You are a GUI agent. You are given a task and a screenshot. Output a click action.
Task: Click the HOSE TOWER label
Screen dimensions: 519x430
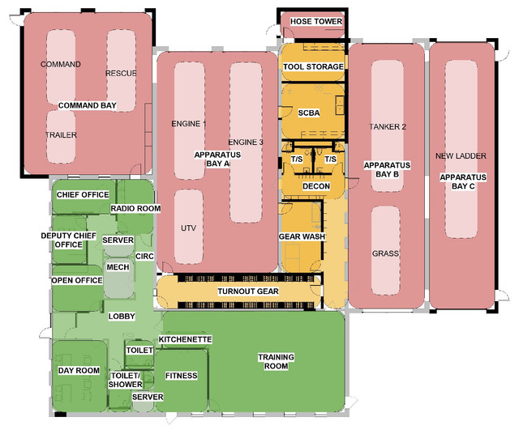click(x=316, y=22)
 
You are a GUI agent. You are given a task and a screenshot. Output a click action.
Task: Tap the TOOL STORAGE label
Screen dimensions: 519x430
click(x=313, y=66)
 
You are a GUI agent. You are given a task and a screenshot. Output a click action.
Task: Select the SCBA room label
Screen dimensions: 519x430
click(x=309, y=113)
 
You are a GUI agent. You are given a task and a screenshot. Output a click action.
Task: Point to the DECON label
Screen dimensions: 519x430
click(x=316, y=186)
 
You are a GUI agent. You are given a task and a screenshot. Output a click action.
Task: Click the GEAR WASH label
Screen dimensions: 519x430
click(x=302, y=236)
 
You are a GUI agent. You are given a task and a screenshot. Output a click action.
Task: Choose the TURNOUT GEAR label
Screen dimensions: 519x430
click(x=248, y=292)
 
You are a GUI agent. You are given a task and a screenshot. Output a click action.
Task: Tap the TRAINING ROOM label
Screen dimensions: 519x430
click(x=276, y=362)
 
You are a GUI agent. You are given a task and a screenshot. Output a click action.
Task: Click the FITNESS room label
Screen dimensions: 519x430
click(x=182, y=376)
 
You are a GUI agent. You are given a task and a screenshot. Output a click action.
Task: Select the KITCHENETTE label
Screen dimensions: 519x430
click(x=185, y=339)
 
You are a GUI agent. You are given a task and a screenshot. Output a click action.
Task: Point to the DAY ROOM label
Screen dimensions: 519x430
click(x=79, y=371)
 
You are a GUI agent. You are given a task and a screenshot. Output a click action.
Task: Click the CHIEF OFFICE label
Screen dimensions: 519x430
click(x=83, y=194)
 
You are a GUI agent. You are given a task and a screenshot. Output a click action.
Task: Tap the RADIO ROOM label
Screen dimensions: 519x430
click(x=135, y=209)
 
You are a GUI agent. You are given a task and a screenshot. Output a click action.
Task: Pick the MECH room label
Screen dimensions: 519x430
click(x=118, y=267)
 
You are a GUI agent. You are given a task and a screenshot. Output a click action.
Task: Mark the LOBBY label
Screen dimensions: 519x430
click(x=122, y=317)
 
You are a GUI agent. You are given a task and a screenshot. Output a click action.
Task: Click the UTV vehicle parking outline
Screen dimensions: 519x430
click(x=188, y=227)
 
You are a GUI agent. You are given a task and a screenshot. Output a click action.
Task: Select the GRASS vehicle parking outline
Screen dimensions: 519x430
click(x=385, y=250)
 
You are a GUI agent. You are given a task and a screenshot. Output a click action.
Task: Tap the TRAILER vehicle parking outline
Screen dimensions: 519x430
click(x=61, y=137)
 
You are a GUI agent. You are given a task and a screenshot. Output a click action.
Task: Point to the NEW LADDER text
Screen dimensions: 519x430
click(x=461, y=156)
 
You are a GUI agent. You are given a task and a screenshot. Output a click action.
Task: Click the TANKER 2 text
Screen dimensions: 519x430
click(x=388, y=127)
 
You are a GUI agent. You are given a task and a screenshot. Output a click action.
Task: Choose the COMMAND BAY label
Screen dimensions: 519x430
click(x=88, y=105)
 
